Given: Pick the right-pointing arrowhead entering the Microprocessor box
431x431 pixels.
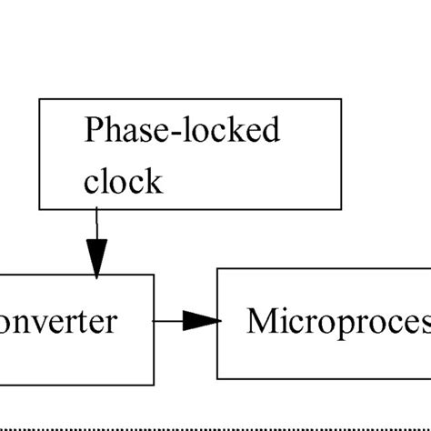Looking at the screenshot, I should point(204,320).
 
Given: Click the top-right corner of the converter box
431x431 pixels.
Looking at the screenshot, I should point(154,274).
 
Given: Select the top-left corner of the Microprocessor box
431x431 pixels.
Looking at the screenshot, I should point(216,270).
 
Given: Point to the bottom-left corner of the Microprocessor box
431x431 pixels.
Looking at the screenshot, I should point(216,377).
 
